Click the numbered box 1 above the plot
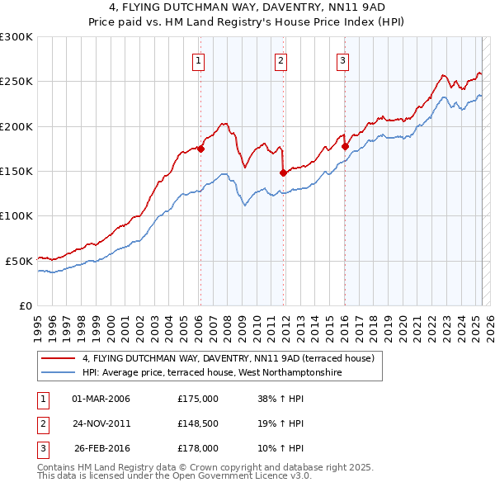tap(200, 59)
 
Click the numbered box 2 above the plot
tap(281, 59)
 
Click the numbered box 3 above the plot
tap(342, 59)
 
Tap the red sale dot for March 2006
tap(200, 149)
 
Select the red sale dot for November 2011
tap(283, 173)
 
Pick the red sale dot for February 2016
tap(346, 147)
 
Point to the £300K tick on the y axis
tap(16, 37)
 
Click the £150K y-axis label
tap(16, 171)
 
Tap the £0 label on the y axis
tap(25, 305)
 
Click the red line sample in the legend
tap(59, 358)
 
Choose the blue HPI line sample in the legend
tap(59, 372)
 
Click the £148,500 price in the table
tap(198, 423)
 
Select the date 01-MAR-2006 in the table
tap(101, 399)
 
